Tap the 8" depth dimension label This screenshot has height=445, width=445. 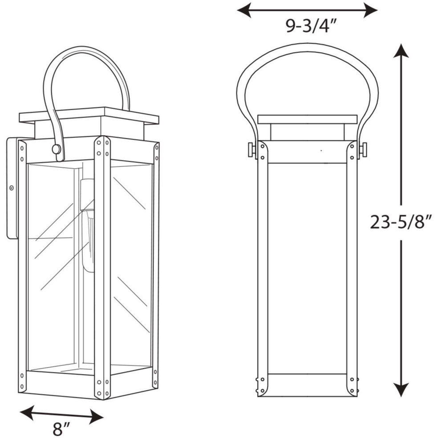click(x=61, y=429)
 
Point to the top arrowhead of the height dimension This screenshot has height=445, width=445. click(x=401, y=50)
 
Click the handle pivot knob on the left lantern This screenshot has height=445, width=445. click(x=56, y=149)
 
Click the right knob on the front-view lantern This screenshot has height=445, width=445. click(x=363, y=149)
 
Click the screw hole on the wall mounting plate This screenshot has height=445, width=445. click(x=12, y=188)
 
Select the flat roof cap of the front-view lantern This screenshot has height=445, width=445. click(x=307, y=119)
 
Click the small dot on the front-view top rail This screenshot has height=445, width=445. click(x=321, y=150)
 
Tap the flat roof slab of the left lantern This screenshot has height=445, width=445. click(x=89, y=116)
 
